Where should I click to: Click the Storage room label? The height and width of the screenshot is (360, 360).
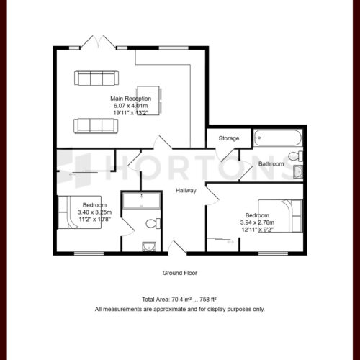[229, 138]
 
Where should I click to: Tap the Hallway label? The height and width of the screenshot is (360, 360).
[186, 191]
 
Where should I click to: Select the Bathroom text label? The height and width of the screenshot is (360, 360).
[271, 164]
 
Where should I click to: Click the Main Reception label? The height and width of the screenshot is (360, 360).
[131, 99]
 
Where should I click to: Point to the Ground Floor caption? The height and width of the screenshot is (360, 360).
[180, 273]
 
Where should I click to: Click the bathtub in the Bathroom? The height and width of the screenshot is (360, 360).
[277, 138]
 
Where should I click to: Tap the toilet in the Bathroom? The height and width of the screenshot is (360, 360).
[296, 156]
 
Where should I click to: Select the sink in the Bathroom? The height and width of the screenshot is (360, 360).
[298, 172]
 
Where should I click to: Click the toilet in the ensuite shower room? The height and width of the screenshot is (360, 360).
[153, 224]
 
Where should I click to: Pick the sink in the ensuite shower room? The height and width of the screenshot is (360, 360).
[149, 247]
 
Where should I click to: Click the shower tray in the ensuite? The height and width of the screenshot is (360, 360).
[141, 200]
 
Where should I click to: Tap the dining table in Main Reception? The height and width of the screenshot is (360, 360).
[148, 101]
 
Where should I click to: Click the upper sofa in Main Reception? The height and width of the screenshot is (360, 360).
[96, 78]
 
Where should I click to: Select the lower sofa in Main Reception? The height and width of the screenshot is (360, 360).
[96, 126]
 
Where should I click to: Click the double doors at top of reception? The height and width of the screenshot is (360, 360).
[98, 42]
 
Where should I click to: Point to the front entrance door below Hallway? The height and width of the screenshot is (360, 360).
[177, 248]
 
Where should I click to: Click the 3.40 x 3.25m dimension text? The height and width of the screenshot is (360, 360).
[94, 212]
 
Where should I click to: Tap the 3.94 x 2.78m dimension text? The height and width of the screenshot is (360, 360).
[257, 222]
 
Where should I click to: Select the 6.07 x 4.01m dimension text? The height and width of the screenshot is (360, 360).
[131, 106]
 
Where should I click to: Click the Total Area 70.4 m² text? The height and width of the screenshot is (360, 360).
[179, 300]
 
